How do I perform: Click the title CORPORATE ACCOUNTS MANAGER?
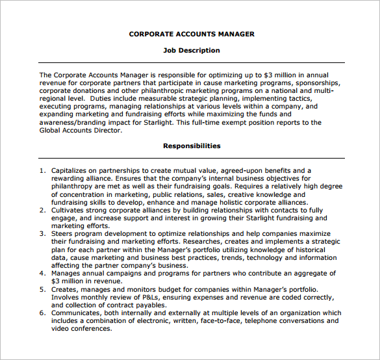pos(192,34)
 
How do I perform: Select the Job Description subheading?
pos(192,50)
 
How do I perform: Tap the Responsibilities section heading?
pos(192,146)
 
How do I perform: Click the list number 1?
pos(42,171)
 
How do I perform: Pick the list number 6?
pos(42,313)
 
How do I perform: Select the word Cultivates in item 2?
pos(70,210)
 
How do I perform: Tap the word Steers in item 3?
pos(62,234)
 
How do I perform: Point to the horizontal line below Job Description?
pos(192,62)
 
